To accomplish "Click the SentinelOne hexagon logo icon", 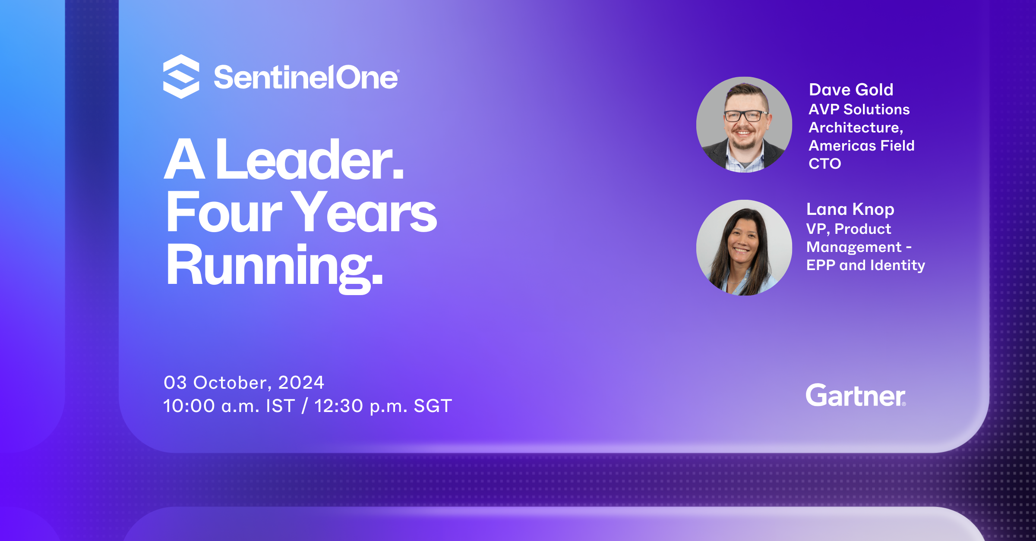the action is [x=181, y=76].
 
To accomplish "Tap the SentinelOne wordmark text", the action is [x=306, y=78].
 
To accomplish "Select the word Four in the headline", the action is [x=224, y=212].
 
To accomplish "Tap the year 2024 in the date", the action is [x=301, y=383].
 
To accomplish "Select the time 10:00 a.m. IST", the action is [x=229, y=406].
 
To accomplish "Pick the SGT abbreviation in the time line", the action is [x=433, y=406].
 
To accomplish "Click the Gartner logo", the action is [x=856, y=396].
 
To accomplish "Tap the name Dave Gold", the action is [x=851, y=90].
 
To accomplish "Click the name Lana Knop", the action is [x=850, y=210].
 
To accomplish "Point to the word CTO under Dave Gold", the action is [x=825, y=164].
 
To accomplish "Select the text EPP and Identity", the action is [x=866, y=265].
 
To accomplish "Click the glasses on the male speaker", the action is [x=745, y=116].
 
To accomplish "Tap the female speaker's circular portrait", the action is [x=744, y=248].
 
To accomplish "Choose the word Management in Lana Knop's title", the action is [x=854, y=247].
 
